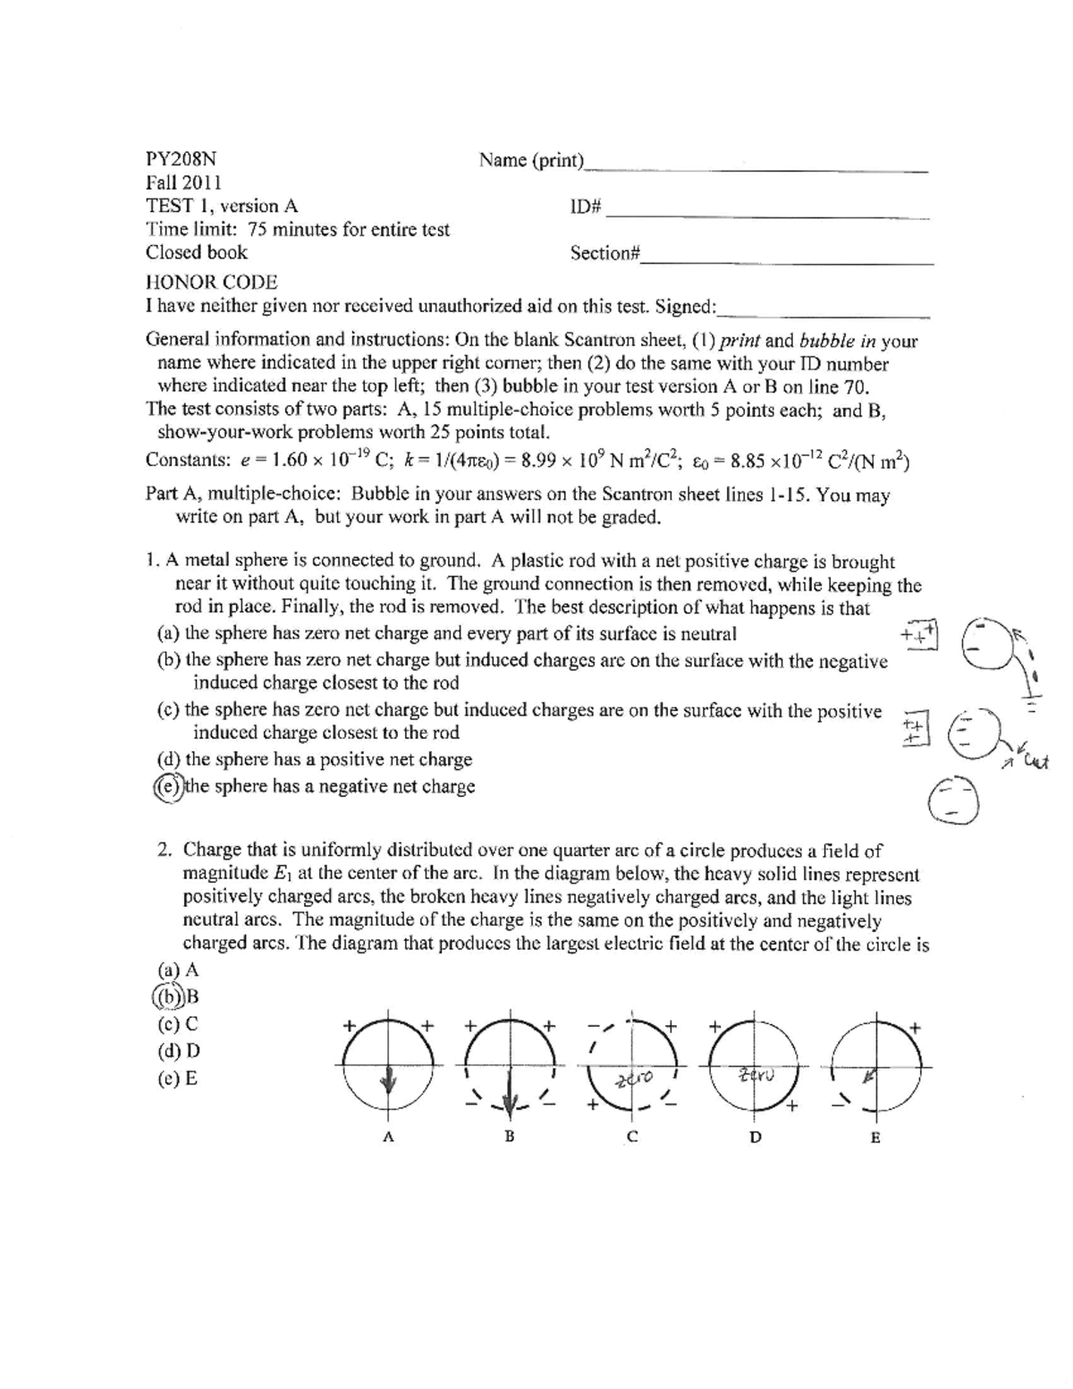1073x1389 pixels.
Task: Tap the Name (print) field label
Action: click(531, 160)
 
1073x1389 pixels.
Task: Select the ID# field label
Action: click(587, 207)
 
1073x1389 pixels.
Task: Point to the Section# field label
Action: click(605, 253)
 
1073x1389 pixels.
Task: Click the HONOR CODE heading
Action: click(211, 283)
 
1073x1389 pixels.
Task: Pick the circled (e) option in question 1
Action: click(168, 786)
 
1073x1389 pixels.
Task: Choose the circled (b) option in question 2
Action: click(168, 996)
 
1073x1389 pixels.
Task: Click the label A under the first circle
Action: click(387, 1138)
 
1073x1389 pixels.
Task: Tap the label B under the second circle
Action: click(509, 1138)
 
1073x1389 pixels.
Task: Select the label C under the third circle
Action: click(632, 1138)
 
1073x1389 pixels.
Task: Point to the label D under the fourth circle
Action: click(756, 1138)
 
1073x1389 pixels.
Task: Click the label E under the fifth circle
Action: click(875, 1138)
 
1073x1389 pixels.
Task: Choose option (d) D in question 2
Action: click(178, 1051)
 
